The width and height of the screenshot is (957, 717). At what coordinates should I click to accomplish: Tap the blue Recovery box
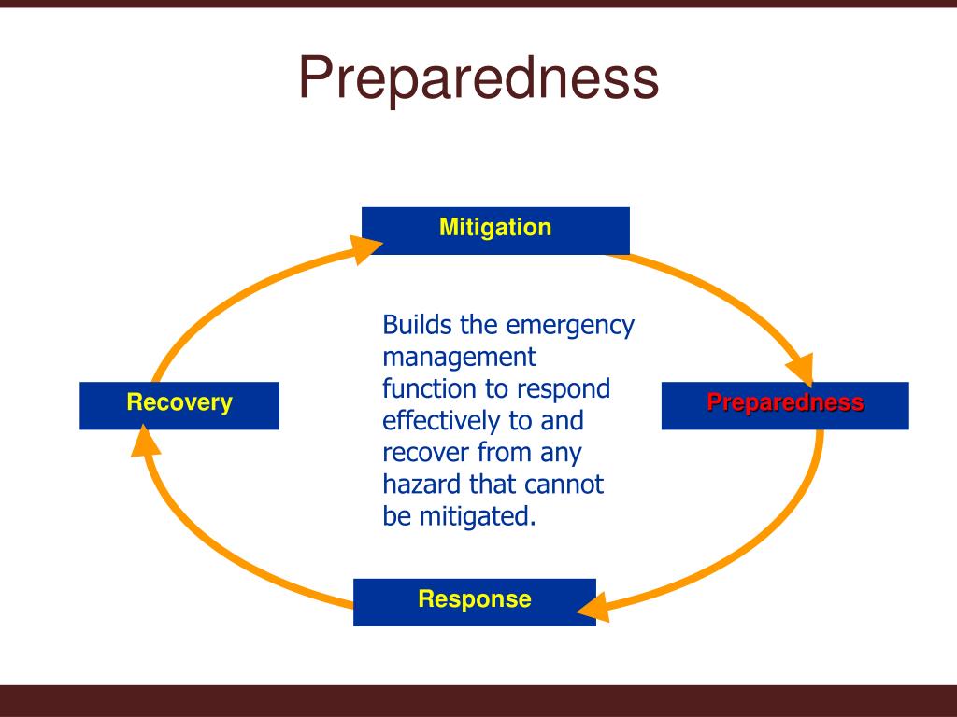pyautogui.click(x=179, y=405)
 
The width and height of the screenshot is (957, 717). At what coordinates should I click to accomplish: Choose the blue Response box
pyautogui.click(x=474, y=601)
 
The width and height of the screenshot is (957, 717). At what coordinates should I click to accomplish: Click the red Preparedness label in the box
pyautogui.click(x=785, y=403)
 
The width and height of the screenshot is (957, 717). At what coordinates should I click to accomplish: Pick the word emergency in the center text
pyautogui.click(x=570, y=326)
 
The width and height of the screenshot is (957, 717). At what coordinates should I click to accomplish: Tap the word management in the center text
pyautogui.click(x=459, y=358)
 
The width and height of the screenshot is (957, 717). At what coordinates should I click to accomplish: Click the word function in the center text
pyautogui.click(x=421, y=389)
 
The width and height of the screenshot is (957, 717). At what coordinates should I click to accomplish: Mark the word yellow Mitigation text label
pyautogui.click(x=495, y=227)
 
